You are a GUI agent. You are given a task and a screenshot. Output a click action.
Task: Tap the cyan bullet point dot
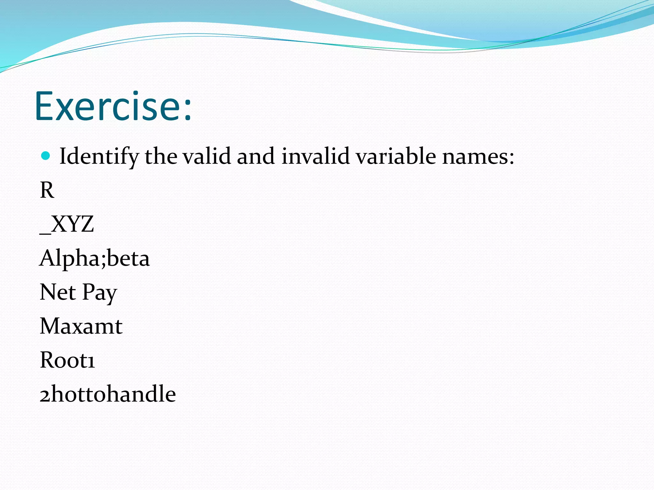[46, 156]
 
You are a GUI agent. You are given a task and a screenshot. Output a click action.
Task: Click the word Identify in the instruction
[99, 156]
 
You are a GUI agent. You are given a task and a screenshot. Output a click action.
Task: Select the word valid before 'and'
[207, 156]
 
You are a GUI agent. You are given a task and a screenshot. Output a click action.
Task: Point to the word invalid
[315, 156]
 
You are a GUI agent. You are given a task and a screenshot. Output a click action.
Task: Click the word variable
[396, 156]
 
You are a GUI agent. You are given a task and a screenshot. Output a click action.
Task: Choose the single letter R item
[47, 190]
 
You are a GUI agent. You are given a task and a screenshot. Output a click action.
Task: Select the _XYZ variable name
[67, 224]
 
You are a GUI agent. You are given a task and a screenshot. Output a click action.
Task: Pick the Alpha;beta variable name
[95, 258]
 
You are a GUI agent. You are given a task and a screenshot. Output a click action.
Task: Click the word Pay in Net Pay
[100, 293]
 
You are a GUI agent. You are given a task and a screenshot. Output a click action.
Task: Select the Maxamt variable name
[81, 326]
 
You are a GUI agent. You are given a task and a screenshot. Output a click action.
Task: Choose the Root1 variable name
[67, 360]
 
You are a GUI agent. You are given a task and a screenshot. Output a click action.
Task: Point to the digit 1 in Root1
[91, 361]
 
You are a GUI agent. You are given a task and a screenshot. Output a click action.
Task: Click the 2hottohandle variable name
[108, 394]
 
